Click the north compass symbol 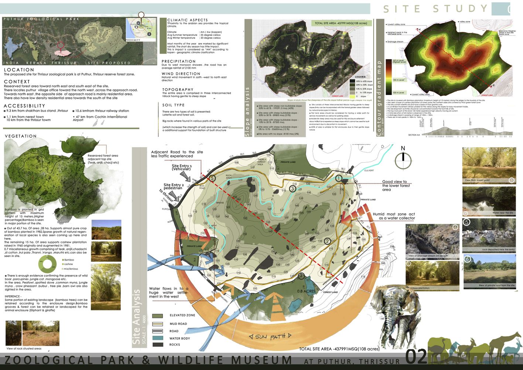[x=403, y=160]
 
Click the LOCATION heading [x=19, y=70]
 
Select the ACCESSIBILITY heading [x=24, y=106]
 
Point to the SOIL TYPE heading [x=173, y=105]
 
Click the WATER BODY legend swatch [x=158, y=338]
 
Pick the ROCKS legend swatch [x=158, y=344]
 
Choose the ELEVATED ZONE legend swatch [x=158, y=316]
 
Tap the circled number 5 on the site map [x=212, y=178]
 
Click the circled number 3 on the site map [x=293, y=189]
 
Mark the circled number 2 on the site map [x=327, y=241]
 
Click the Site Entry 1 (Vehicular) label [x=181, y=167]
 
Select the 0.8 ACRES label [x=306, y=291]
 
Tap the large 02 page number [x=416, y=357]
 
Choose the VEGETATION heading [x=21, y=136]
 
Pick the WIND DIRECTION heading [x=181, y=74]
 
